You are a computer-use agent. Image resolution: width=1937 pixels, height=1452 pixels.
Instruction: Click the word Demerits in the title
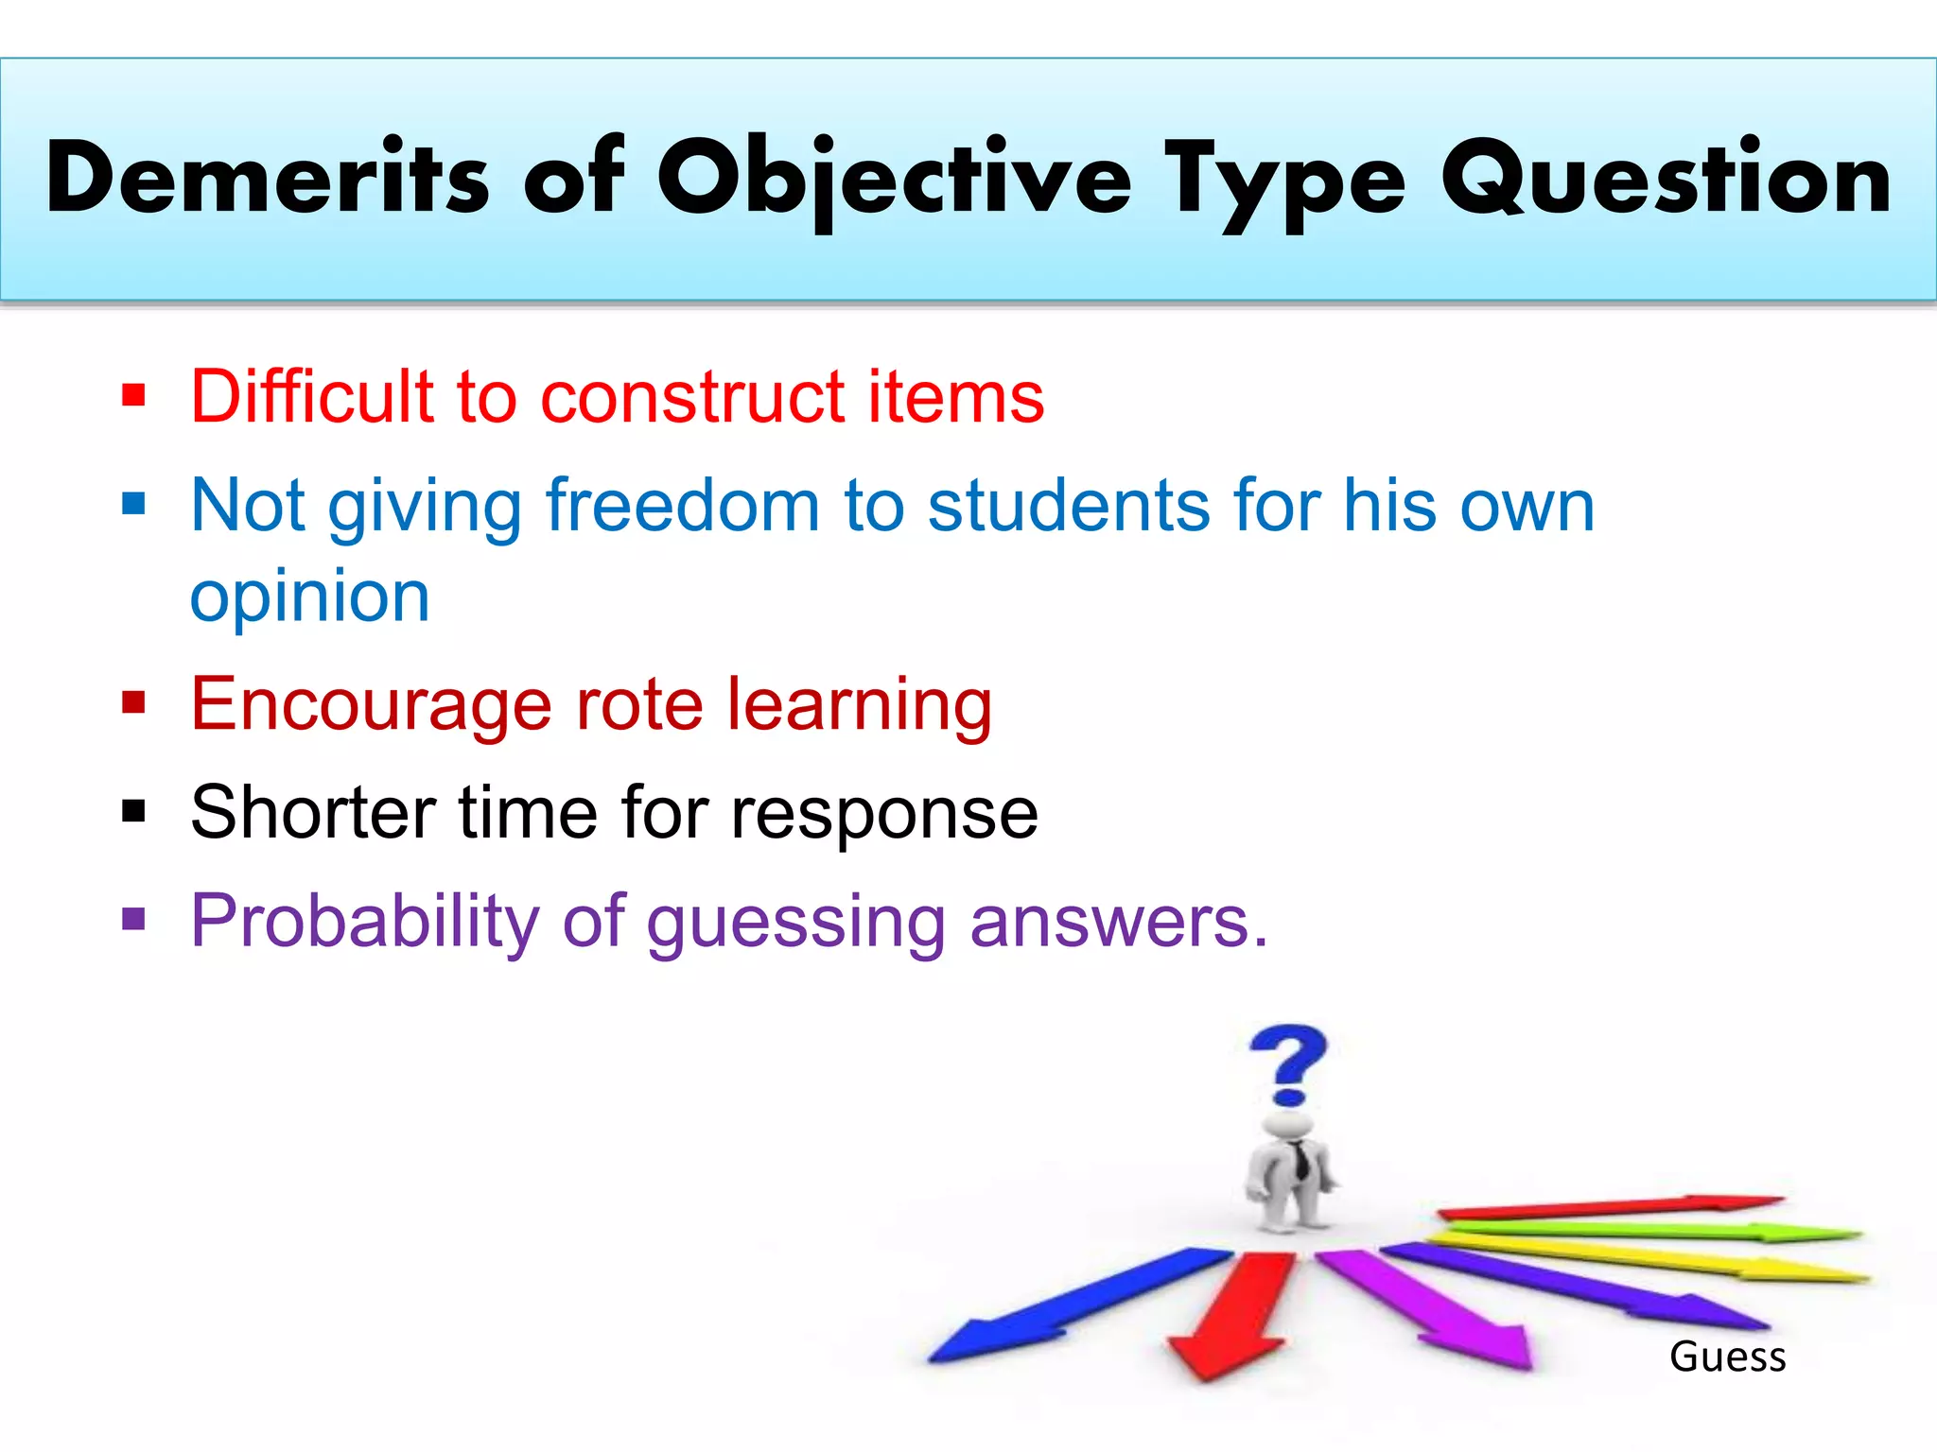coord(268,178)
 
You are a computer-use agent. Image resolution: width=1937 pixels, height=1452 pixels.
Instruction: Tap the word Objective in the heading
coord(894,180)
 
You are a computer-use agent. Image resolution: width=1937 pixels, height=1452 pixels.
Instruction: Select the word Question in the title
coord(1666,178)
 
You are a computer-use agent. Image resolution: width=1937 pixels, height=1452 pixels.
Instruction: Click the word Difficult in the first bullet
coord(312,396)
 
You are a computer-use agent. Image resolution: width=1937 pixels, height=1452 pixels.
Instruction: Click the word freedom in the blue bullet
coord(682,506)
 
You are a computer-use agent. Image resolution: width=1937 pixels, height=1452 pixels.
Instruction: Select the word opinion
coord(310,597)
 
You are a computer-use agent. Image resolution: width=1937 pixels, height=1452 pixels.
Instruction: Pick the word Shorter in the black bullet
coord(313,813)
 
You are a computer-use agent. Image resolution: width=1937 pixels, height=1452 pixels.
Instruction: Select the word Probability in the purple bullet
coord(364,922)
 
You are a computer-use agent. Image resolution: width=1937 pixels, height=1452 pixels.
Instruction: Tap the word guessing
coord(795,924)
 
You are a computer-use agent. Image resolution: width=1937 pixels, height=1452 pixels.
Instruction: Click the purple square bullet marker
coord(133,919)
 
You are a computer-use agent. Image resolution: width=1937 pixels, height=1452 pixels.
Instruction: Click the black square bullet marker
coord(133,811)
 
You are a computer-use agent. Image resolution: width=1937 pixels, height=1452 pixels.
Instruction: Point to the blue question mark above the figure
coord(1288,1064)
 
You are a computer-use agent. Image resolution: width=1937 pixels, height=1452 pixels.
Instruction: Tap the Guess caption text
coord(1727,1357)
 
